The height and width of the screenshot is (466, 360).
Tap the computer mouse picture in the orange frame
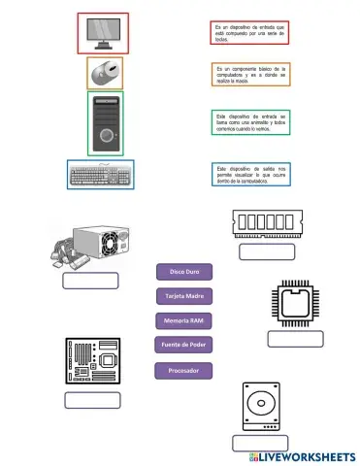(105, 72)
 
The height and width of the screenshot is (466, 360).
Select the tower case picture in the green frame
(105, 123)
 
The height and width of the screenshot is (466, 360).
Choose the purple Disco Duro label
(183, 271)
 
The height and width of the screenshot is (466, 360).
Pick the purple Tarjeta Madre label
(183, 295)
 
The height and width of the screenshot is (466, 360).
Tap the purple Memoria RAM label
(183, 320)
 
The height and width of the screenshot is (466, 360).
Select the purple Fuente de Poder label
(183, 345)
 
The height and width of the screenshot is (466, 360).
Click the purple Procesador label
(183, 370)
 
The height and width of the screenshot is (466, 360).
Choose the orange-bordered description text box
(250, 75)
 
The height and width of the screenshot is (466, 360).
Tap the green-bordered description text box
(250, 122)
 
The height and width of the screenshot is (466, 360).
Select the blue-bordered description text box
(250, 173)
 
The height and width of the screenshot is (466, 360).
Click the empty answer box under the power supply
(90, 281)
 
